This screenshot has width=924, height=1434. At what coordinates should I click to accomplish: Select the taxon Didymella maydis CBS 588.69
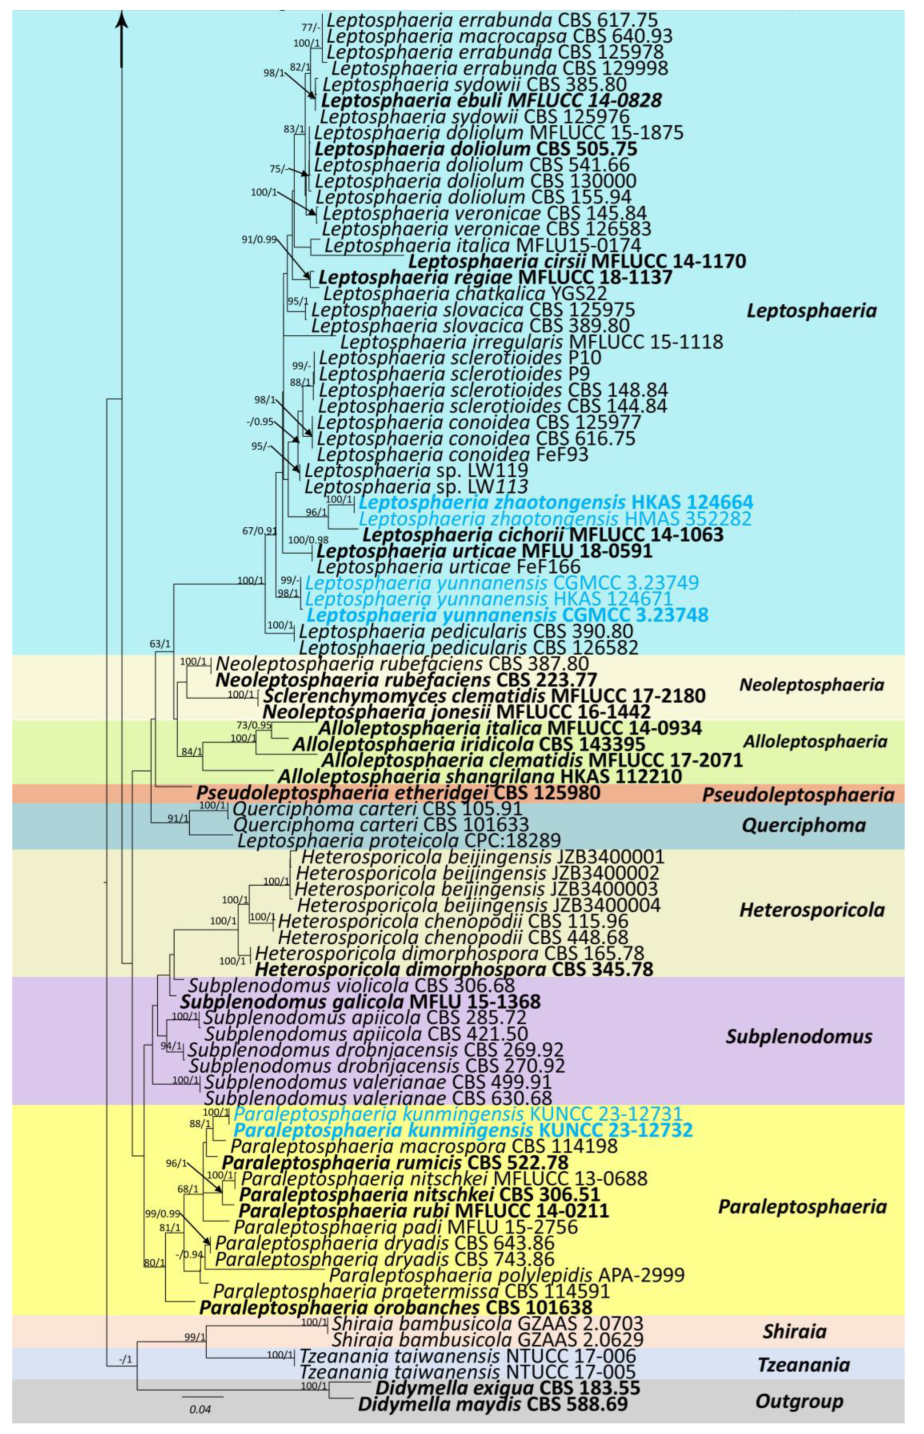(493, 1404)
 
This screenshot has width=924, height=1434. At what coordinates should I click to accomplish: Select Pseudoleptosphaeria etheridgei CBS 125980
(398, 793)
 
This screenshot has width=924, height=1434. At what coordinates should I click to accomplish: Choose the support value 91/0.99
(259, 240)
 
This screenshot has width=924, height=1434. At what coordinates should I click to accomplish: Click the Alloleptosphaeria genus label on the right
(815, 741)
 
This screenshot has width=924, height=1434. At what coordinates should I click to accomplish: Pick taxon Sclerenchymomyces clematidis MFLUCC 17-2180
(484, 696)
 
